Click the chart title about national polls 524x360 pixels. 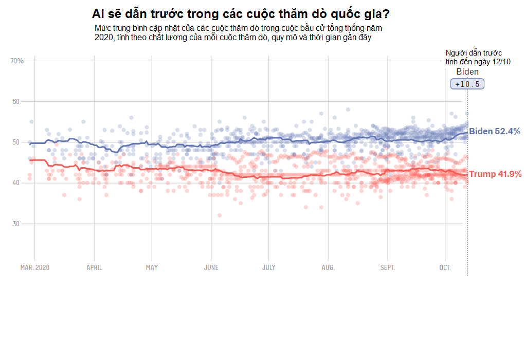pos(241,13)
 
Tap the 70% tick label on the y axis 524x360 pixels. pos(17,61)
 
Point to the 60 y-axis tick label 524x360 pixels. pos(15,102)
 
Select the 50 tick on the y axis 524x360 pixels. pos(15,142)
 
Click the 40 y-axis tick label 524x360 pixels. pos(15,183)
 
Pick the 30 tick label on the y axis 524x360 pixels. pos(15,224)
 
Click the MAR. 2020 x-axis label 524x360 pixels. pos(35,268)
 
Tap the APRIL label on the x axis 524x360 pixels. pos(94,268)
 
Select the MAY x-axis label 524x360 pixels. pos(152,268)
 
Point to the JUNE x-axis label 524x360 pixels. pos(211,268)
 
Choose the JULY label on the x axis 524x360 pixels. pos(268,268)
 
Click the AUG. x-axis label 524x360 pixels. pos(328,268)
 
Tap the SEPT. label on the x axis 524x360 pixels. pos(388,268)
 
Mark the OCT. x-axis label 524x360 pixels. pos(445,268)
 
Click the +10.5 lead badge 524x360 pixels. pos(467,84)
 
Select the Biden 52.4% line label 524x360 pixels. pos(494,132)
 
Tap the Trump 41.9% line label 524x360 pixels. pos(495,174)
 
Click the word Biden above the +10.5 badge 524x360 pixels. pos(467,72)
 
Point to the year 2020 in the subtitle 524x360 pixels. pos(103,38)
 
